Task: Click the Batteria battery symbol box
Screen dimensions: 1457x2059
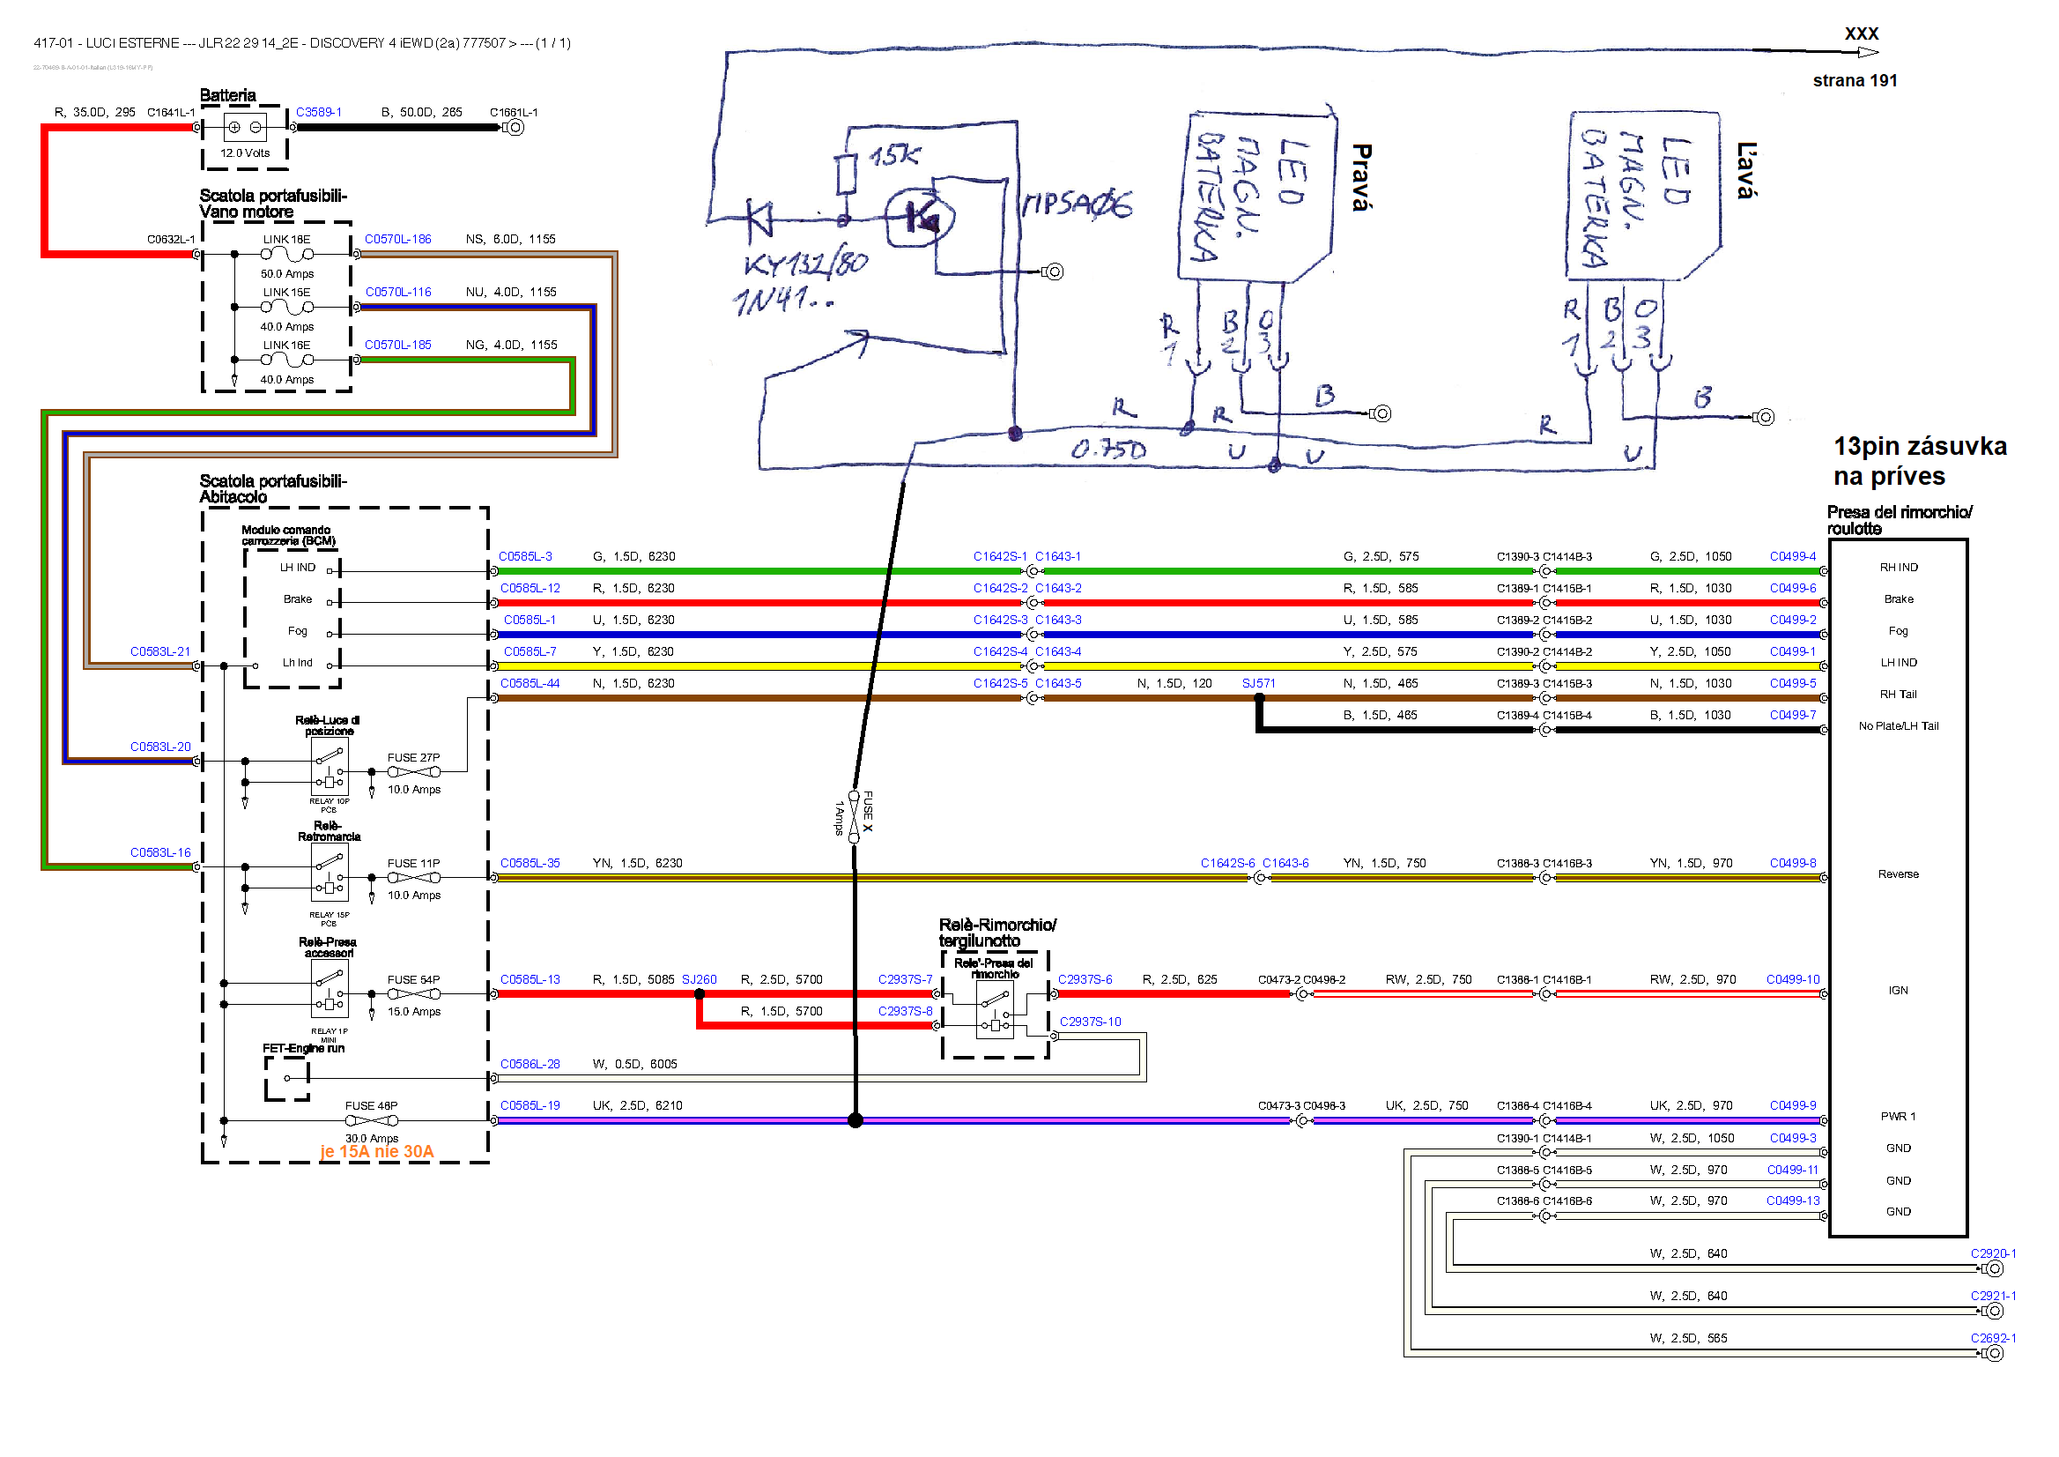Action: [245, 128]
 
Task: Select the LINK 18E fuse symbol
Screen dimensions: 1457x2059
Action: [287, 255]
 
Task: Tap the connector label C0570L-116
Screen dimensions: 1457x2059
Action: [398, 293]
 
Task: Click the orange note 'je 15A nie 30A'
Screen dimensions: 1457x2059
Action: [377, 1152]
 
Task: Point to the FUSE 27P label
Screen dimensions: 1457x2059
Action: [413, 758]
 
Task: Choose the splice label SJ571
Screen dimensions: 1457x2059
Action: [1258, 684]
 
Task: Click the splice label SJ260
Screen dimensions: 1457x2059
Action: [699, 980]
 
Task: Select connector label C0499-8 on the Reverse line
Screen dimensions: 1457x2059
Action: [1793, 863]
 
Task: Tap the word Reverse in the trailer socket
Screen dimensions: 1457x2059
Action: [1899, 874]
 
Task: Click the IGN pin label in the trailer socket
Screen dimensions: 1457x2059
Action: [1898, 991]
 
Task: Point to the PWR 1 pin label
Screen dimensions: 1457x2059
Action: [1898, 1117]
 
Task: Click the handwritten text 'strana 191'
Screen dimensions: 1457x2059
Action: [1855, 81]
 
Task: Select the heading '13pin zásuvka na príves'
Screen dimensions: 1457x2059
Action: [1919, 461]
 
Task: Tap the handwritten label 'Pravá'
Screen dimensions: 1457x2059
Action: [1361, 177]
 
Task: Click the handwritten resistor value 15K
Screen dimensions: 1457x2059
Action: [894, 156]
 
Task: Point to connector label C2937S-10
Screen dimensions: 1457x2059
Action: [1090, 1022]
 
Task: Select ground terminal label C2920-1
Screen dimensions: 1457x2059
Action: [1993, 1254]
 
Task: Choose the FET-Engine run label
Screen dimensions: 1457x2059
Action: [303, 1049]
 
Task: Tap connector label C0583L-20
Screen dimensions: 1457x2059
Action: [160, 747]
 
